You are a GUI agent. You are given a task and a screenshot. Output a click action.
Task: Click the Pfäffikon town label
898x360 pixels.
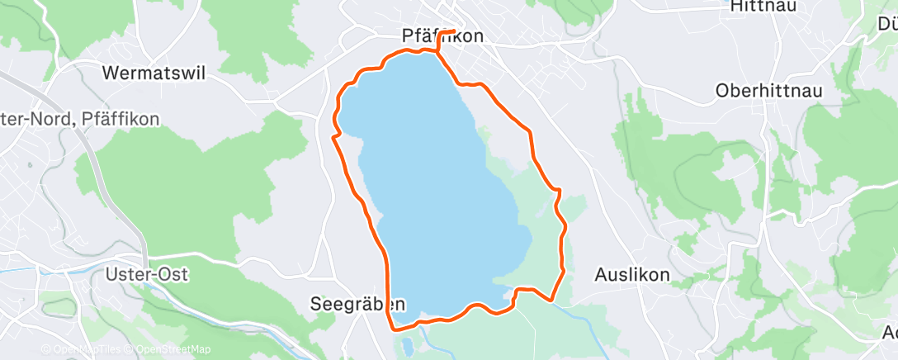coord(442,36)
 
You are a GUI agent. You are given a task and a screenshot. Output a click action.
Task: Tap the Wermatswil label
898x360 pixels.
coord(153,73)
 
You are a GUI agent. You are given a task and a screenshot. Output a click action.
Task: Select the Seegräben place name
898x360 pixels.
coord(357,303)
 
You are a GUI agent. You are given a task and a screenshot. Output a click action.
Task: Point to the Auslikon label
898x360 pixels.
coord(632,275)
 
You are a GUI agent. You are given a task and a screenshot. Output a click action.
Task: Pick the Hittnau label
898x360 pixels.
coord(758,7)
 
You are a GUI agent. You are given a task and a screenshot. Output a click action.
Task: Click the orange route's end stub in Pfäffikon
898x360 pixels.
coord(453,32)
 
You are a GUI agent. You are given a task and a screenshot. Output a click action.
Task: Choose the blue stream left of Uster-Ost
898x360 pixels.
coord(50,273)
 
